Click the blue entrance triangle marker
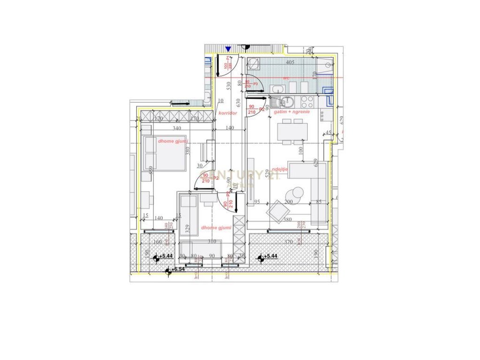[228, 49]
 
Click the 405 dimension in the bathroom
[290, 62]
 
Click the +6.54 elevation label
[178, 270]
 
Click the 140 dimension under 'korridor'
[230, 128]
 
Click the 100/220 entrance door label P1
[228, 63]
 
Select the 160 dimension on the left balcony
[157, 242]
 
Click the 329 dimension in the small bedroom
[187, 229]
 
